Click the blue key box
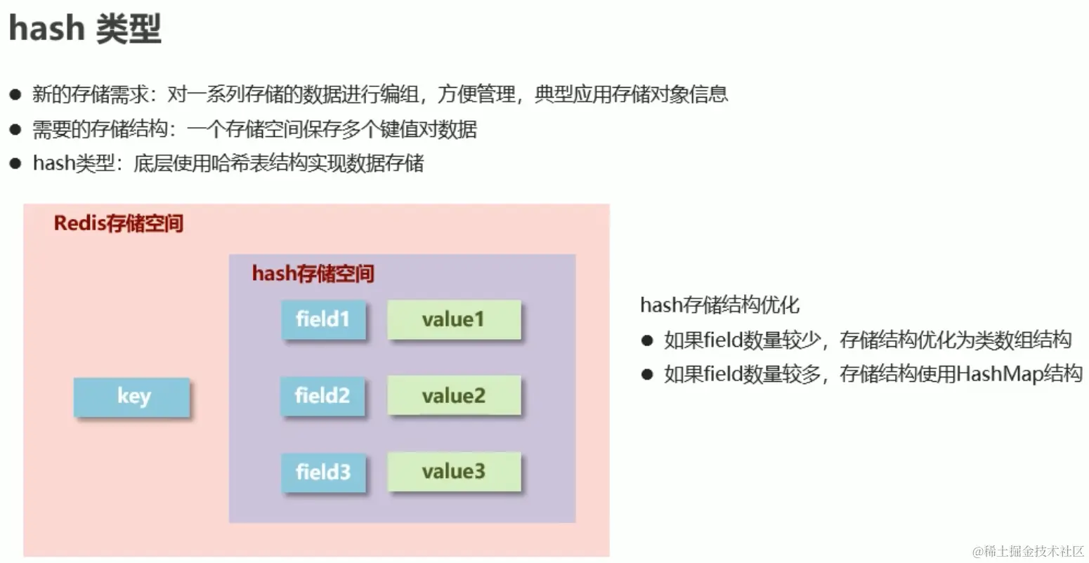point(131,397)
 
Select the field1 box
point(323,320)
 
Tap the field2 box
point(322,397)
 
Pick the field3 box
point(323,472)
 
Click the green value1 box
point(454,320)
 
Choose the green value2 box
point(454,397)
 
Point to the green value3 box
point(454,472)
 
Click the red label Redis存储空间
point(119,223)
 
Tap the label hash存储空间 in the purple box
point(313,273)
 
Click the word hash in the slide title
point(46,29)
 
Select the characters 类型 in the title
point(129,29)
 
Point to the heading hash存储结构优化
point(719,305)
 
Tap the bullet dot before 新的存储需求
point(15,95)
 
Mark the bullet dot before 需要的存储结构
point(15,130)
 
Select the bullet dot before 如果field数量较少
point(647,340)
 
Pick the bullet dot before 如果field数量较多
point(647,374)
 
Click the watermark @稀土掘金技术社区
point(1029,551)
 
